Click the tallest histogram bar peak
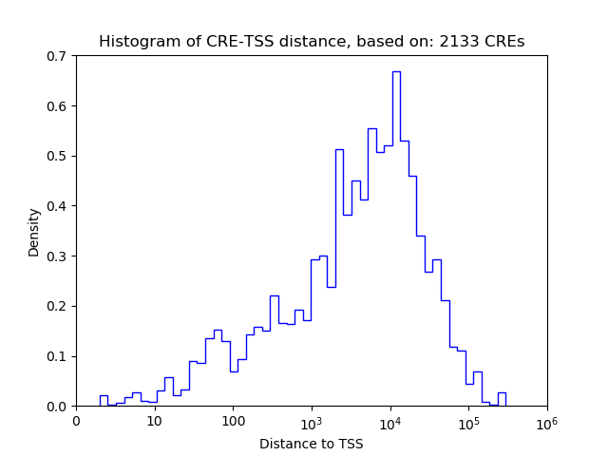pos(396,72)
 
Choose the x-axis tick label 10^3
pos(312,420)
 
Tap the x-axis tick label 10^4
pos(390,420)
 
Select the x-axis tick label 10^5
pos(468,420)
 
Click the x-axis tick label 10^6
pos(547,420)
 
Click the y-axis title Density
pos(34,232)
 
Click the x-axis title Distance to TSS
pos(312,443)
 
